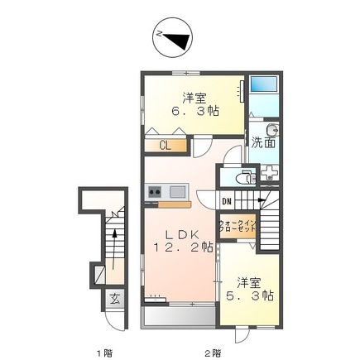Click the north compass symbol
tap(173, 36)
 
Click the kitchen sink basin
tap(175, 192)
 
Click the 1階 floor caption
tap(103, 353)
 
